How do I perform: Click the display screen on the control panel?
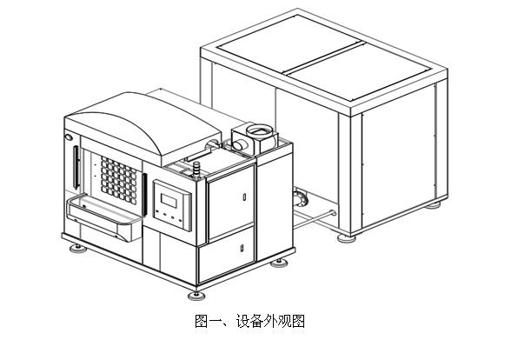coord(169,201)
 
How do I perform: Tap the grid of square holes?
coord(118,180)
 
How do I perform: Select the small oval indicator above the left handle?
coord(69,137)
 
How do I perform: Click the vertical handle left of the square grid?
coord(76,167)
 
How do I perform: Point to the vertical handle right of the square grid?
coord(144,195)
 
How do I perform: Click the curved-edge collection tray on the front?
coord(104,217)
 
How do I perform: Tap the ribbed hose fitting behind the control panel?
coord(196,170)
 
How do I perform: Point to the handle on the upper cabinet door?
coord(244,197)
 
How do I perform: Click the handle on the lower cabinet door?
coord(242,248)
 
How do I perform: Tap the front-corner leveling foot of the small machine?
coord(196,296)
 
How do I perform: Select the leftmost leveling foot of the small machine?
coord(78,249)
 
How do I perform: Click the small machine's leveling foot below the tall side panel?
coord(279,263)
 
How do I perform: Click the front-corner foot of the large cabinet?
coord(347,238)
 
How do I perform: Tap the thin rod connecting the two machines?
coord(315,219)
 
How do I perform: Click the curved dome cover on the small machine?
coord(143,127)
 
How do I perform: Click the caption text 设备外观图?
coord(270,321)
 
